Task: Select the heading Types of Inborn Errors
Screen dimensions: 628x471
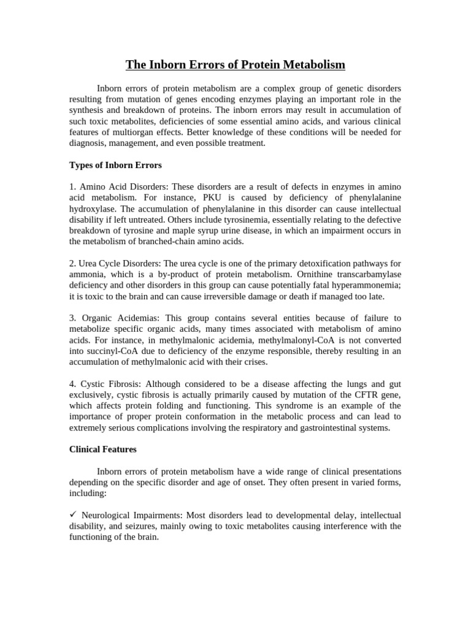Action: [x=115, y=166]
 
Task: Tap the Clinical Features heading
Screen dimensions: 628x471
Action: [x=103, y=449]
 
